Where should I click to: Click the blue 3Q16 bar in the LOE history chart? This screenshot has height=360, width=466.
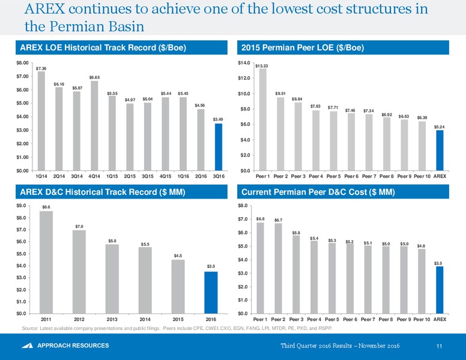[x=219, y=147]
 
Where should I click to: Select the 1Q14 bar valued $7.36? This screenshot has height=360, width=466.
[x=41, y=121]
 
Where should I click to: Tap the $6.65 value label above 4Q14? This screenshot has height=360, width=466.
[x=94, y=77]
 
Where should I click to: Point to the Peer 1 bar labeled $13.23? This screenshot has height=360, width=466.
[x=262, y=120]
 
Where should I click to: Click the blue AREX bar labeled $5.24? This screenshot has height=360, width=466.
[x=440, y=150]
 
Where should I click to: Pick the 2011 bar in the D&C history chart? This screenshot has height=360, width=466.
[x=46, y=262]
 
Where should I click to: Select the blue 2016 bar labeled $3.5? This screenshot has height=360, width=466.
[x=211, y=293]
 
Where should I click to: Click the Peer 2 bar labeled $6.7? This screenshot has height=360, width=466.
[x=278, y=269]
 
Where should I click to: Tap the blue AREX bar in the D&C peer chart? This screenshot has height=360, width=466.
[x=440, y=290]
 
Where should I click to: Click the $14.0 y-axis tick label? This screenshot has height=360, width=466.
[x=244, y=63]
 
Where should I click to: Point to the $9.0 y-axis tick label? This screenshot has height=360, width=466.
[x=21, y=206]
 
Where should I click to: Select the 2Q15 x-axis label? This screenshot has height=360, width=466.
[x=130, y=176]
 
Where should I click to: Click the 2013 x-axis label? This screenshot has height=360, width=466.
[x=112, y=319]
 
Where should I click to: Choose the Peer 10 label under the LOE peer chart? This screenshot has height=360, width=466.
[x=422, y=176]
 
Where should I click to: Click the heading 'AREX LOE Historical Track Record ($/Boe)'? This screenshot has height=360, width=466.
[x=103, y=47]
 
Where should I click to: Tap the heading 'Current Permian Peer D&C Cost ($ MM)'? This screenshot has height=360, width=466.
[x=318, y=192]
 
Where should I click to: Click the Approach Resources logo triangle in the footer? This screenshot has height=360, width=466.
[x=28, y=346]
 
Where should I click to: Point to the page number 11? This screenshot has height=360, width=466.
[x=439, y=346]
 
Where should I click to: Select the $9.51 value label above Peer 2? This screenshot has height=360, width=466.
[x=280, y=94]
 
